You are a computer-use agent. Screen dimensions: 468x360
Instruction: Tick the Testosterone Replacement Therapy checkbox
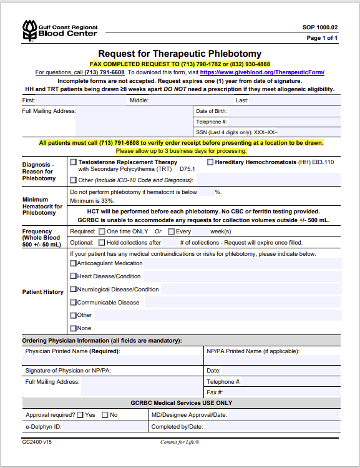pos(74,162)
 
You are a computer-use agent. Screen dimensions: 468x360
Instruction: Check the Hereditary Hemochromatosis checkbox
pos(210,162)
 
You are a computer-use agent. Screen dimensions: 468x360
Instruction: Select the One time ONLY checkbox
pos(102,232)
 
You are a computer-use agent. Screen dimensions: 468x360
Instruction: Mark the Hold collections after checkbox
pos(102,242)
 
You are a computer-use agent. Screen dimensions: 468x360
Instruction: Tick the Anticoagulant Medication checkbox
pos(74,263)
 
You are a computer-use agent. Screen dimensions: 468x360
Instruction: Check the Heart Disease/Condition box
pos(74,276)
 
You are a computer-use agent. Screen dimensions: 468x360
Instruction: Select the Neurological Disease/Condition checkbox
pos(74,289)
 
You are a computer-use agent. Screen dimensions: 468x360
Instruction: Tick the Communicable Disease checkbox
pos(74,302)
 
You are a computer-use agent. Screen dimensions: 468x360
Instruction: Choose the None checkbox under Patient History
pos(74,328)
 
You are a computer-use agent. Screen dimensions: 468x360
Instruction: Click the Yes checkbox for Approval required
pos(80,415)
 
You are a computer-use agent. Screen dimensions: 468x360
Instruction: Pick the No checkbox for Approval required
pos(105,415)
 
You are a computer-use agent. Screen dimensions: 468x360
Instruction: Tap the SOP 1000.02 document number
pos(320,27)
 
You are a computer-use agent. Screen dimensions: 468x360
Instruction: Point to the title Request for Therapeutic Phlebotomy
pos(180,54)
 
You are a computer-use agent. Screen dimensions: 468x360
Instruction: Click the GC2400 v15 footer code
pos(37,442)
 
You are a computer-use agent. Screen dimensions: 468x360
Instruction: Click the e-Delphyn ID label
pos(44,427)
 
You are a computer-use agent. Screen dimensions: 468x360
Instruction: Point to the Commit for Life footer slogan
pos(180,442)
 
